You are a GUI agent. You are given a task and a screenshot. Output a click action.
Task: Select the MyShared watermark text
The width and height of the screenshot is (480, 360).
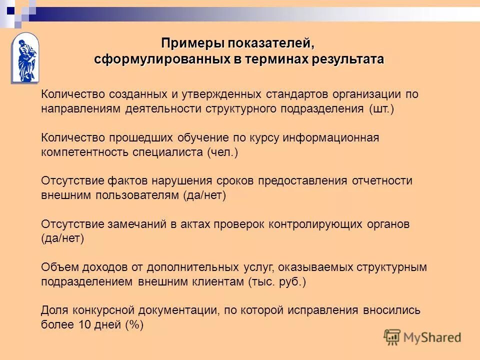[431, 337]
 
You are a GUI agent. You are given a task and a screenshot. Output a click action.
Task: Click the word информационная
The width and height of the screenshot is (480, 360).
[338, 138]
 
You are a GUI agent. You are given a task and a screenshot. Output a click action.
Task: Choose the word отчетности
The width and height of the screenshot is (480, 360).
[383, 181]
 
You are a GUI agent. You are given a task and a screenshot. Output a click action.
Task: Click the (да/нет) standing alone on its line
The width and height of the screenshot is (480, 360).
[62, 238]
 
